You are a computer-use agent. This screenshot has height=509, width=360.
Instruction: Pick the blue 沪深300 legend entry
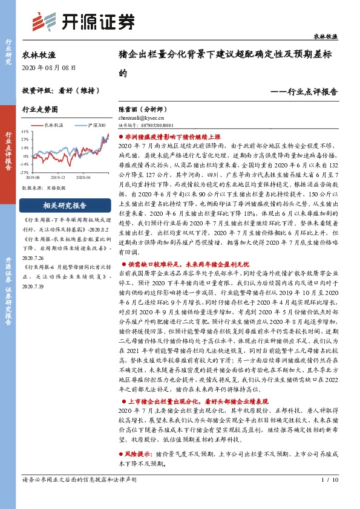tap(85, 125)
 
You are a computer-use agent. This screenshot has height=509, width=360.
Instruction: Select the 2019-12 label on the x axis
tap(59, 177)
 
